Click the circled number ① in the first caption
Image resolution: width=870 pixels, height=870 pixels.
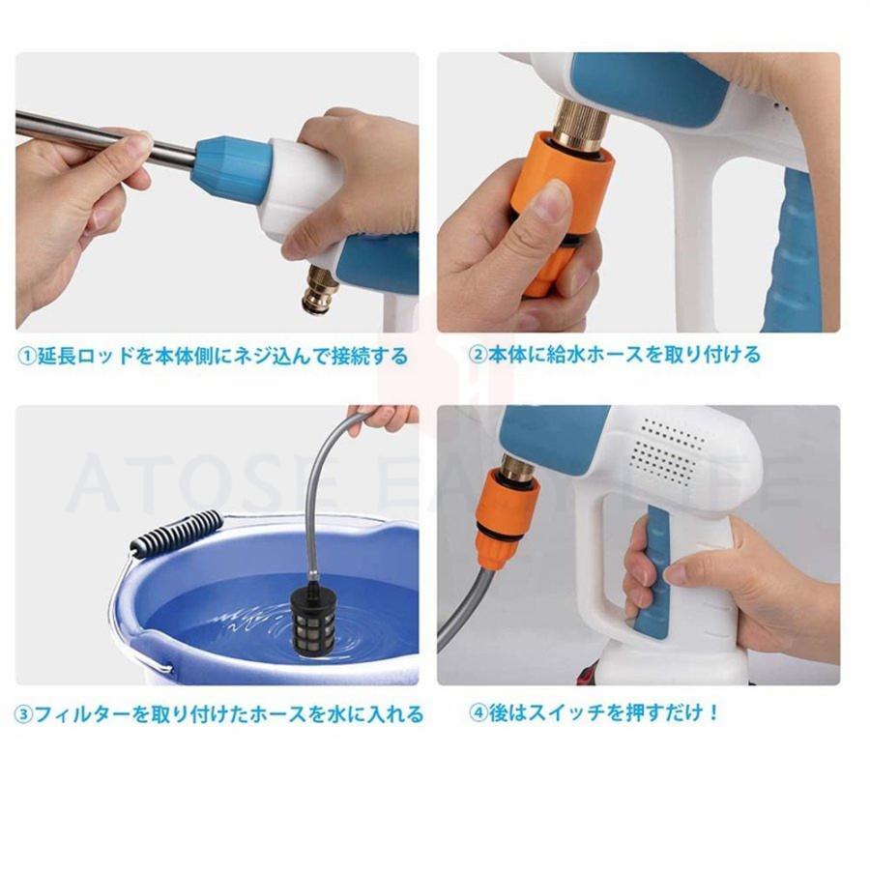pyautogui.click(x=27, y=355)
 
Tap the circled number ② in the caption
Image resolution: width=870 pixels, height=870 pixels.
pyautogui.click(x=478, y=354)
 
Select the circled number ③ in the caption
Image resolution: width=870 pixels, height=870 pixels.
pyautogui.click(x=24, y=714)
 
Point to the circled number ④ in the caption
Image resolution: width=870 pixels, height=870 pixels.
pyautogui.click(x=478, y=712)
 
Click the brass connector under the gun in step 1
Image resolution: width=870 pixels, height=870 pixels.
pyautogui.click(x=316, y=290)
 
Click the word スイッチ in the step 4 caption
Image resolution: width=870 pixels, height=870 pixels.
pyautogui.click(x=566, y=712)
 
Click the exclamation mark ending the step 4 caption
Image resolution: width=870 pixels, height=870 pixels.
pyautogui.click(x=713, y=711)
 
